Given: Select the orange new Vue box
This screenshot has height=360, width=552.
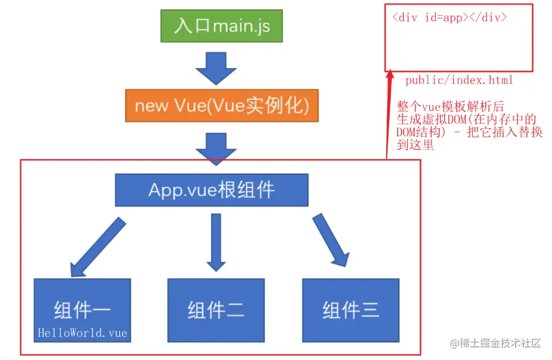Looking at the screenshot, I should [221, 105].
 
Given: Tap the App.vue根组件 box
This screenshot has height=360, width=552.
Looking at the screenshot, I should [212, 190].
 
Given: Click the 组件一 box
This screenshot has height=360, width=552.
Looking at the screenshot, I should [82, 310].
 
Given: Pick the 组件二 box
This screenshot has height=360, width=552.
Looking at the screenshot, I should [216, 310].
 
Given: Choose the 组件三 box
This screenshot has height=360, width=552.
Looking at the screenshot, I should [350, 310].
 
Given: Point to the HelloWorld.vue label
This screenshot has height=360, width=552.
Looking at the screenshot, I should [82, 333].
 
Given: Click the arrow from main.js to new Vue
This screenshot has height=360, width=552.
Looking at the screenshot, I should [216, 68].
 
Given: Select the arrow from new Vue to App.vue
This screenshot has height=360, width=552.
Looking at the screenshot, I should [216, 148].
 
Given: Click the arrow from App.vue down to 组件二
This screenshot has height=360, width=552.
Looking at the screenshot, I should [216, 241].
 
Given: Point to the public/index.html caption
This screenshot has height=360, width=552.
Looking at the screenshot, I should [459, 81].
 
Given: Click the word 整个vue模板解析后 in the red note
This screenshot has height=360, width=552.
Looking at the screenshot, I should [450, 107].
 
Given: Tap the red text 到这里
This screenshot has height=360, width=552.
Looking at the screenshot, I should [415, 145].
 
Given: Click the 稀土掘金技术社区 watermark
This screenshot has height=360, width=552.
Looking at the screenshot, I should [495, 344].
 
